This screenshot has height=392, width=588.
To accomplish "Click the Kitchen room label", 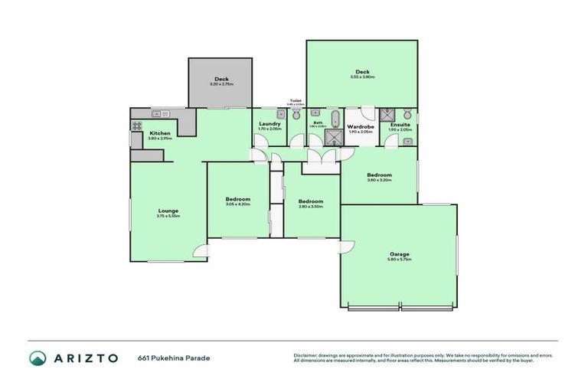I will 160,133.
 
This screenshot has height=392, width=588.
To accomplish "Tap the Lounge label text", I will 168,211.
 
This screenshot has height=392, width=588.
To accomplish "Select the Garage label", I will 399,254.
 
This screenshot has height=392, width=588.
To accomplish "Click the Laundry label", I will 269,124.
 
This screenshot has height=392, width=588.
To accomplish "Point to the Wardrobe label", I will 360,126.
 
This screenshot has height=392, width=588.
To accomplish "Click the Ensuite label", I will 400,125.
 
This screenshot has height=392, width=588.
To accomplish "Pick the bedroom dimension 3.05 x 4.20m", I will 237,204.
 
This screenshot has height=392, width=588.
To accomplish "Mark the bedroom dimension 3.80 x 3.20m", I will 379,181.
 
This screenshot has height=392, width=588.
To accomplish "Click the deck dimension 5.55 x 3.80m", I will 362,77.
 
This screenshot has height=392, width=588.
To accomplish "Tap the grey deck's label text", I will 221,78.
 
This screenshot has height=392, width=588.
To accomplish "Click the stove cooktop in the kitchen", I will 139,126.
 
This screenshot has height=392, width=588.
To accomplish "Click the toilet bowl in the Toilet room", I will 296,114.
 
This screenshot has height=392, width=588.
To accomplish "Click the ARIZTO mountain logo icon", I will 38,358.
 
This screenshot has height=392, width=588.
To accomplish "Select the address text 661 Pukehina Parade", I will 174,358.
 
